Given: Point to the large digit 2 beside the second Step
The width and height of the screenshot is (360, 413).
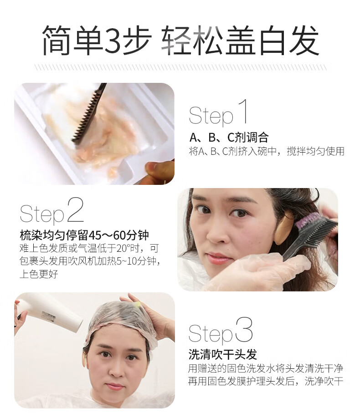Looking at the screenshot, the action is point(75,209).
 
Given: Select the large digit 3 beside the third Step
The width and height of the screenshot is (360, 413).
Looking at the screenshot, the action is point(244,329).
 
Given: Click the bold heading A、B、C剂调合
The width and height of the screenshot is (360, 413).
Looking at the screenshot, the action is point(229,137).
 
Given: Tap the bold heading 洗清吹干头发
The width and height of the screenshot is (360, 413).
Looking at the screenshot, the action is point(223,354).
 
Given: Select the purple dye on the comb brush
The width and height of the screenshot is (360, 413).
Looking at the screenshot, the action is point(308,219).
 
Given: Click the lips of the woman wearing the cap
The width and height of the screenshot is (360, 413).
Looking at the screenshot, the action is point(114,387).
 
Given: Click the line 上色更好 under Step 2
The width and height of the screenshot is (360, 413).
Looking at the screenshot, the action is point(39,274).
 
